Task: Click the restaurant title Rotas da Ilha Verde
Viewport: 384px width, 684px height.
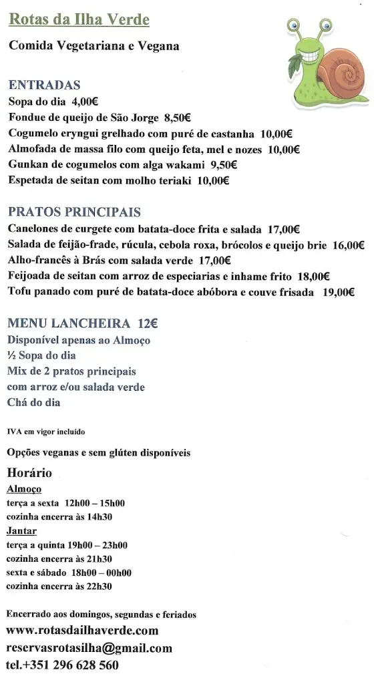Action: tap(79, 20)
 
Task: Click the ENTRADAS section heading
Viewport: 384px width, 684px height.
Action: tap(44, 85)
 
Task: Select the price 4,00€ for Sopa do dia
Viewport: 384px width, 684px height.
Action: tap(85, 102)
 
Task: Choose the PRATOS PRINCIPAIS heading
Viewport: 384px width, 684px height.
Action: tap(74, 212)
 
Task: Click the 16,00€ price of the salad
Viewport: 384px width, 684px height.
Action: tap(347, 245)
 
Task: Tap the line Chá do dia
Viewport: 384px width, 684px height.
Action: tap(33, 402)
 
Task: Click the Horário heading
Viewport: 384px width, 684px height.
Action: tap(29, 474)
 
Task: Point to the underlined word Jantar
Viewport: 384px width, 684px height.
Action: tap(21, 531)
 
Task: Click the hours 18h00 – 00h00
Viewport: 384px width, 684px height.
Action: tap(104, 572)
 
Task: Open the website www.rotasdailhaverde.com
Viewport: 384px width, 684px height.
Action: tap(82, 631)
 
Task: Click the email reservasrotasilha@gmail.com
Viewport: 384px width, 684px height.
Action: tap(89, 648)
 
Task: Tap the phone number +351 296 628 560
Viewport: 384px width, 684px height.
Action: tap(71, 665)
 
